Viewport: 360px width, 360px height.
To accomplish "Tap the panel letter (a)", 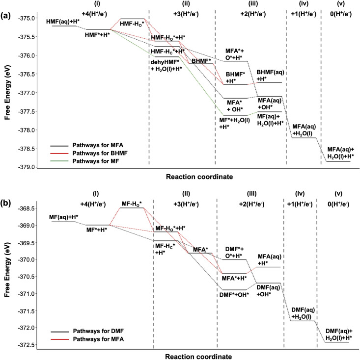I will (6, 6).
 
